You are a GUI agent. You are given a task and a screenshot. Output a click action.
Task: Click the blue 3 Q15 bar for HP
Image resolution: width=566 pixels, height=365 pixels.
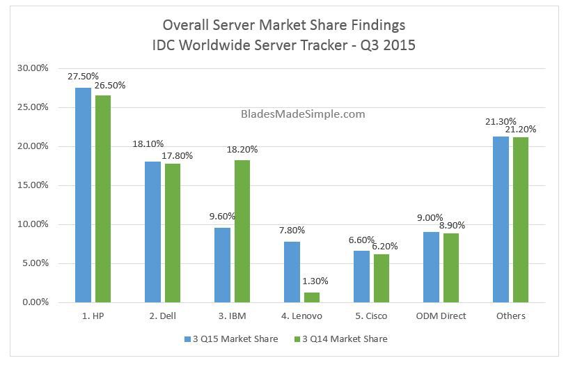click(x=84, y=195)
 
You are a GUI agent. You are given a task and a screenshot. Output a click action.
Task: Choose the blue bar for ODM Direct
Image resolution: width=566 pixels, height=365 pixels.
click(x=432, y=267)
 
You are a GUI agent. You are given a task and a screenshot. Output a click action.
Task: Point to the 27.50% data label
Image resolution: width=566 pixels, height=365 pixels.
click(x=83, y=77)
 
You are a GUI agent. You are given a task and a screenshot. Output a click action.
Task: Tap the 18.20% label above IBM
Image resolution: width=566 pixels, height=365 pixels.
click(x=242, y=149)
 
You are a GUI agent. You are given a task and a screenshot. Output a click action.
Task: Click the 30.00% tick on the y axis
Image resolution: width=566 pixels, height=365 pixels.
click(x=33, y=68)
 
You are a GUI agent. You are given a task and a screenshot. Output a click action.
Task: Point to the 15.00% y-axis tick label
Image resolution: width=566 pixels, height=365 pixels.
click(x=33, y=185)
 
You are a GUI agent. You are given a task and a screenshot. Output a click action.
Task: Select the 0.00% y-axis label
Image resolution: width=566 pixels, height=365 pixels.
click(x=35, y=302)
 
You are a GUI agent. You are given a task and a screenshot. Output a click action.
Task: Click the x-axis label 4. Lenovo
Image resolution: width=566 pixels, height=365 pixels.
click(x=301, y=316)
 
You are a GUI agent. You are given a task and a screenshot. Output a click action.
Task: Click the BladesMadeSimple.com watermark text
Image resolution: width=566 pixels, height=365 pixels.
click(x=303, y=114)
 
